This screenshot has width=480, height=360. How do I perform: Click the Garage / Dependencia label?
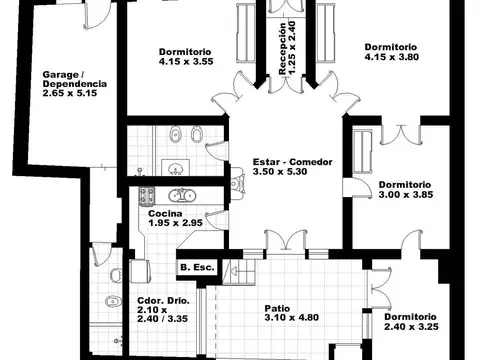click(x=70, y=79)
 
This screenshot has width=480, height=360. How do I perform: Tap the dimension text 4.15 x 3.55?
click(x=186, y=62)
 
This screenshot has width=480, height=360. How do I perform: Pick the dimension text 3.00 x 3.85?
click(x=404, y=195)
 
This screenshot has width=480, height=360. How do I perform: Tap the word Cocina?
click(x=165, y=214)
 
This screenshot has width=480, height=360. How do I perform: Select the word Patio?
click(x=277, y=308)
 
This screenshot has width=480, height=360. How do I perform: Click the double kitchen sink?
click(x=182, y=196)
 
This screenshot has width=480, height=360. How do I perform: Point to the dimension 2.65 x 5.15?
click(x=70, y=95)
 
